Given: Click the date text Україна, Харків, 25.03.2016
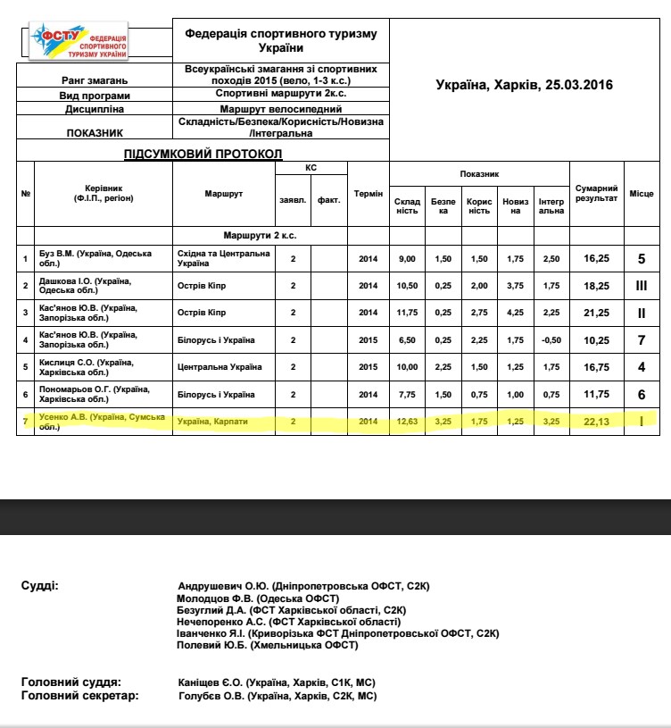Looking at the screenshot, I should pyautogui.click(x=525, y=85).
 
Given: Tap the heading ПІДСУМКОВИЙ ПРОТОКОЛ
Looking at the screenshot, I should pyautogui.click(x=203, y=154).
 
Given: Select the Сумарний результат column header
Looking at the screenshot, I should pyautogui.click(x=596, y=194).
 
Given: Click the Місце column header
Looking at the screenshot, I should pyautogui.click(x=641, y=194).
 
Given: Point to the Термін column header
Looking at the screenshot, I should pyautogui.click(x=368, y=194).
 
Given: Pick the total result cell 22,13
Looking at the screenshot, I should pyautogui.click(x=596, y=421).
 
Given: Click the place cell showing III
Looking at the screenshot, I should pyautogui.click(x=641, y=286).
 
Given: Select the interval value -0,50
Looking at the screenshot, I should pyautogui.click(x=551, y=340).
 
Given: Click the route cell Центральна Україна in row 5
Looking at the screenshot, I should pyautogui.click(x=220, y=367).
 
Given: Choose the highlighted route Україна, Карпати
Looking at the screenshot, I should pyautogui.click(x=214, y=421).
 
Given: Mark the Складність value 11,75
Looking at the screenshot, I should pyautogui.click(x=407, y=313).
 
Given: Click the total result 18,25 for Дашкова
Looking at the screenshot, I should pyautogui.click(x=596, y=286).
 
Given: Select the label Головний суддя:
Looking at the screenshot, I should pyautogui.click(x=70, y=682).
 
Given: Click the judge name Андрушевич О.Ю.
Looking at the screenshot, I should pyautogui.click(x=223, y=584).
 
